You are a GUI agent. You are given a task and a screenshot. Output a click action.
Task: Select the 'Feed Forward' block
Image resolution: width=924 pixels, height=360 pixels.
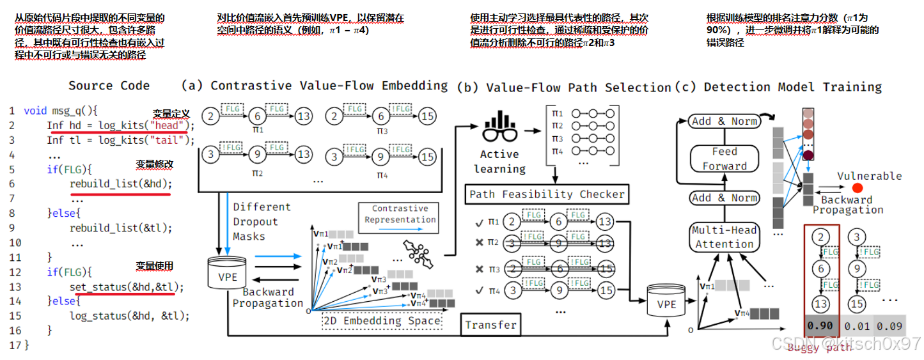(724, 159)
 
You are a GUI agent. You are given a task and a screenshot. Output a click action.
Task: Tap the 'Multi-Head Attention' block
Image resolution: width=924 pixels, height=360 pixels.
(724, 237)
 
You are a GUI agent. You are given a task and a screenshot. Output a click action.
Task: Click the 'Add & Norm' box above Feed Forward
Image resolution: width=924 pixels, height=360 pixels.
(724, 121)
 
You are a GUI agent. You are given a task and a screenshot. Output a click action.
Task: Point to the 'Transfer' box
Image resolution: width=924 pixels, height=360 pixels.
(490, 325)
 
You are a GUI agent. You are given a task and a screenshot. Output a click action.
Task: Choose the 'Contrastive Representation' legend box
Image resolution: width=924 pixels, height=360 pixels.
(400, 214)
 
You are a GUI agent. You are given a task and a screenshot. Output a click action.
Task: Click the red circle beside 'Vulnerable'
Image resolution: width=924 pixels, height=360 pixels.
(857, 188)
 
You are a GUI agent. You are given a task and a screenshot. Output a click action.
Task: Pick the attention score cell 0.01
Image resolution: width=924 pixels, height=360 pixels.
(857, 327)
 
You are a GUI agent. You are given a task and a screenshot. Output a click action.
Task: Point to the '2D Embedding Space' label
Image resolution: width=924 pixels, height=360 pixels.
(383, 321)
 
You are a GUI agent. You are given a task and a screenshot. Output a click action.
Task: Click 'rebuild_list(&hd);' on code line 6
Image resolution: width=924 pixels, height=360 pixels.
(121, 184)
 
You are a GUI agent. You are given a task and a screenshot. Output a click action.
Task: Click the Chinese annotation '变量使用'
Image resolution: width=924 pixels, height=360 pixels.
(155, 266)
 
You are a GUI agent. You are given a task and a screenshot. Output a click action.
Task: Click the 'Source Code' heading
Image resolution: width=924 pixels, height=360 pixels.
(109, 86)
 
